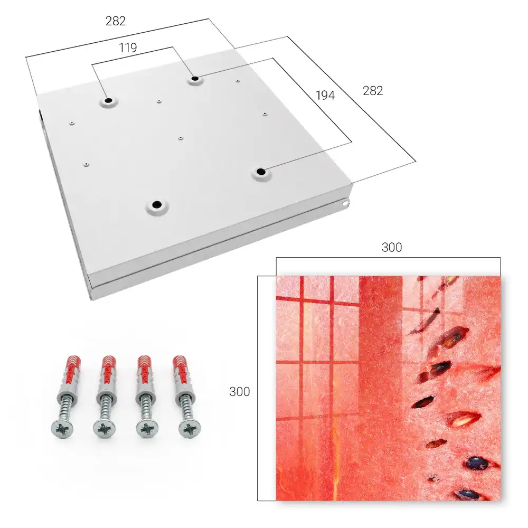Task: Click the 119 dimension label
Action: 128,48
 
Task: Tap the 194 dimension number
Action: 325,96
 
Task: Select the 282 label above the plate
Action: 116,21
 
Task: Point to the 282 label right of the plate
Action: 373,91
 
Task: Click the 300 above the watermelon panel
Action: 392,248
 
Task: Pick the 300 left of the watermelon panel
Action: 239,392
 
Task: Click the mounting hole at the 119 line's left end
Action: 109,101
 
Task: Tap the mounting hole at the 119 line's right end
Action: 195,79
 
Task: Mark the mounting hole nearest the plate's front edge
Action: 157,204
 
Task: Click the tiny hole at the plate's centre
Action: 181,138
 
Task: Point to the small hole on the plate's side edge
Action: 346,203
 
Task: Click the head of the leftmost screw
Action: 63,429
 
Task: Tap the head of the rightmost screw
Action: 190,429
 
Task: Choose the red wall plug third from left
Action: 145,371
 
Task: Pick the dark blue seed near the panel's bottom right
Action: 477,464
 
